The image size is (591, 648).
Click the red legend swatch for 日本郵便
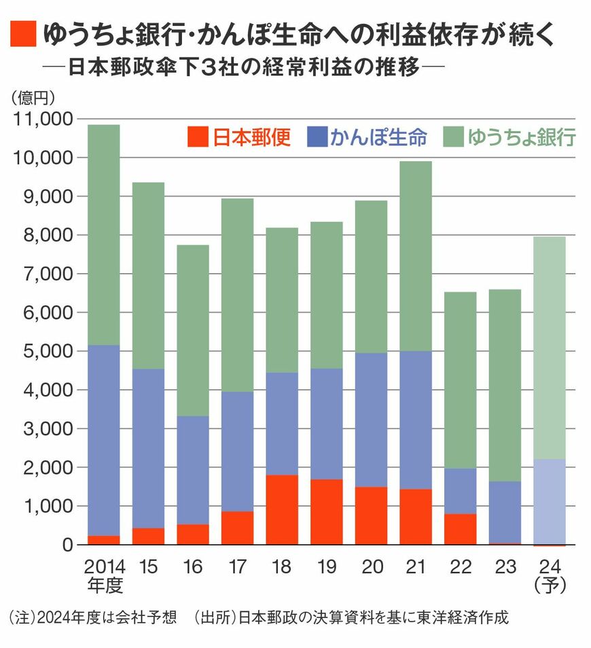tap(197, 137)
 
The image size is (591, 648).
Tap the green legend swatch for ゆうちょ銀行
tap(454, 137)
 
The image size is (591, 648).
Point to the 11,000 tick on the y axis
tap(43, 119)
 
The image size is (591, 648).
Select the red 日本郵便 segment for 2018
tap(282, 510)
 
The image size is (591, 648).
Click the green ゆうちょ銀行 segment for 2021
tap(416, 256)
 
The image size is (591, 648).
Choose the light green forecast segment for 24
tap(550, 347)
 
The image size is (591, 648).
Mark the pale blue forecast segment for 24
tap(550, 501)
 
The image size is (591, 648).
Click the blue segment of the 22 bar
tap(461, 491)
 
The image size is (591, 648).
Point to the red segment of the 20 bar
tap(371, 516)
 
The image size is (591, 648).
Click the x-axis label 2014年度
tap(103, 575)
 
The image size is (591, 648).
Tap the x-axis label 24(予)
tap(550, 575)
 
